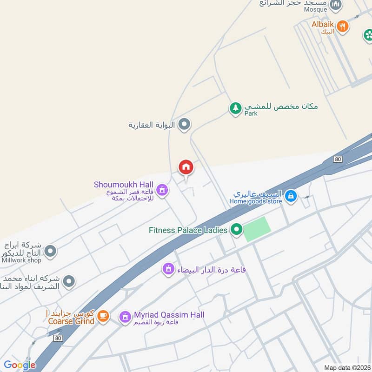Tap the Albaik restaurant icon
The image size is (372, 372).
point(343,26)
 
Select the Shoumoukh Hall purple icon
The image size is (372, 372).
point(162,190)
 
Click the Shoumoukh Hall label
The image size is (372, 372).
point(124,185)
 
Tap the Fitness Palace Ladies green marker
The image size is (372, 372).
point(237,230)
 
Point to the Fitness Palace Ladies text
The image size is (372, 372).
point(188,230)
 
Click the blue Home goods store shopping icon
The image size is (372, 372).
point(291,196)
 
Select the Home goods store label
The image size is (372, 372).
point(255,201)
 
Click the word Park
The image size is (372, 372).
point(251,113)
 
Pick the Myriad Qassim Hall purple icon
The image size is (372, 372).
point(124,317)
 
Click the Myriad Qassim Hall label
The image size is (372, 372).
point(169,315)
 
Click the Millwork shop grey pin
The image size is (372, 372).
point(51,252)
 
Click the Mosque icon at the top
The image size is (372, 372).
point(335,6)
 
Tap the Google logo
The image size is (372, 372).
point(20,365)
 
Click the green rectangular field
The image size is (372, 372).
point(257,229)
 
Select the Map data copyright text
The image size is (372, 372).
point(347,368)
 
